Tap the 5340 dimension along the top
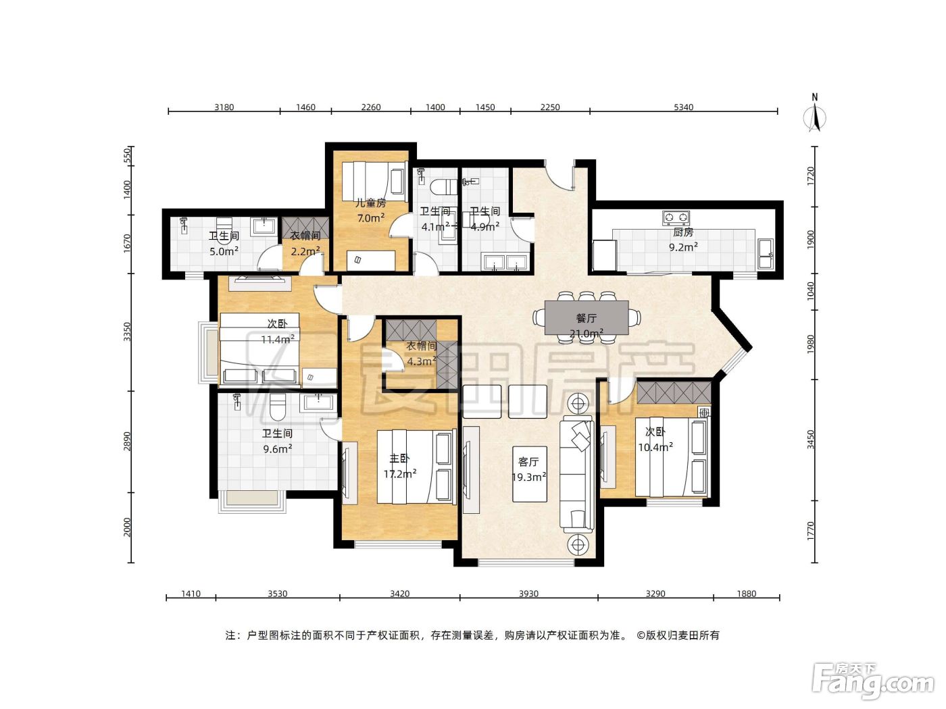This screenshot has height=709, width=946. point(683,107)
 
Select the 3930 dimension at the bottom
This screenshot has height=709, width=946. point(528,594)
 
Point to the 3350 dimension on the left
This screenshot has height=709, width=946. point(127,332)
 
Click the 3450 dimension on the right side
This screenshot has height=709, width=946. point(811,439)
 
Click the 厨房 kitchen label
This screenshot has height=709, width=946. point(683,232)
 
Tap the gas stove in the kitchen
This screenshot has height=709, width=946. point(675,217)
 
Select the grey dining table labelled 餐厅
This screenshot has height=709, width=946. point(586,318)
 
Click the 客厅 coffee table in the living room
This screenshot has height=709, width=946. point(529,474)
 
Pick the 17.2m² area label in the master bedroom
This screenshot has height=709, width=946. point(399,474)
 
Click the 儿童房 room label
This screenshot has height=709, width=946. point(370,203)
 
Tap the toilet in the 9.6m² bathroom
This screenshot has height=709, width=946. point(277,406)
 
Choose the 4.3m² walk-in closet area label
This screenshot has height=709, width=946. point(422,361)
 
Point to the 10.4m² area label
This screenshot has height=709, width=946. point(655,447)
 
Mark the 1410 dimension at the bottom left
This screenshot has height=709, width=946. point(191,594)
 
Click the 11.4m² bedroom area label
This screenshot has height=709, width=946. point(278,339)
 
